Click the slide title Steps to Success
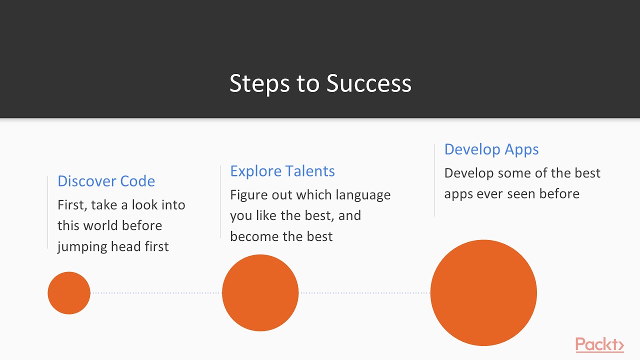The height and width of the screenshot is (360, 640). [320, 83]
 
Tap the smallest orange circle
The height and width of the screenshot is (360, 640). [69, 293]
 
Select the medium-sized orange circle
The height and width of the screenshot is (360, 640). [260, 293]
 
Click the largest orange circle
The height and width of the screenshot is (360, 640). [483, 293]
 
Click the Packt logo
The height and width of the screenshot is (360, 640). [599, 345]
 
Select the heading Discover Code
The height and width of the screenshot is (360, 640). [106, 181]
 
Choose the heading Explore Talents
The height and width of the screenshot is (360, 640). [282, 171]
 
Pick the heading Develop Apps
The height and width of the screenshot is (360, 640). [491, 149]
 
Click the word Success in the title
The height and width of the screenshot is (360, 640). [369, 83]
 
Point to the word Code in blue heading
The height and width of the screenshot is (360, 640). [137, 181]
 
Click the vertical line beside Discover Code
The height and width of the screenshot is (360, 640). [48, 212]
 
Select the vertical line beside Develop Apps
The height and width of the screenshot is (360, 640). [434, 180]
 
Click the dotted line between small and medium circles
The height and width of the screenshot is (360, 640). [156, 293]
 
